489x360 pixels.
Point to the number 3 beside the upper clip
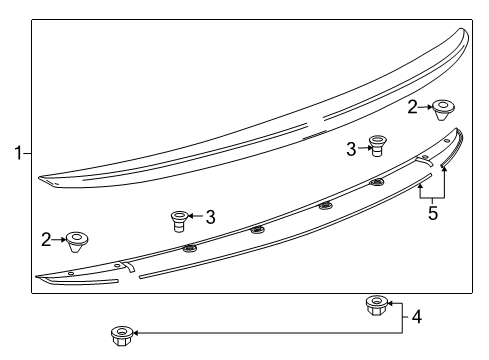tap(352, 148)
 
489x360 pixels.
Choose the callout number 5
tap(432, 212)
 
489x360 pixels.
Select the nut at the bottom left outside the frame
tap(121, 332)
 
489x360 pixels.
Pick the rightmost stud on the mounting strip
tap(377, 182)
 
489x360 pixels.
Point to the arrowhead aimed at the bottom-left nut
tap(137, 332)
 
